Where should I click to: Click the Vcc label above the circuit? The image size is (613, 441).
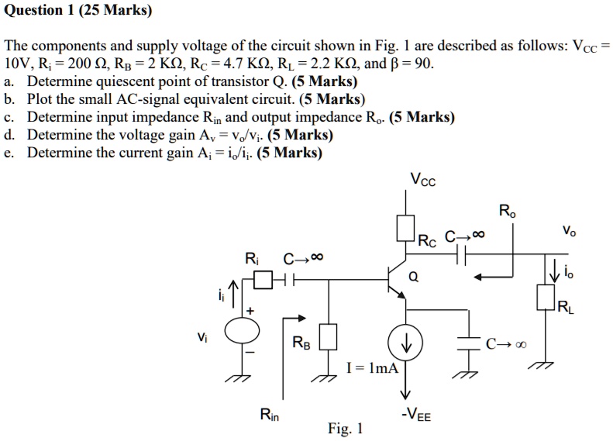coord(423,182)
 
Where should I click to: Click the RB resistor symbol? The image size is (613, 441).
coord(329,336)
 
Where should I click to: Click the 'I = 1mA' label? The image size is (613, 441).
coord(374,370)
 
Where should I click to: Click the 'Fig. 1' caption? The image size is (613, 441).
coord(346,428)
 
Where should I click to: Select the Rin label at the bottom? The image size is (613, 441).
coord(270,415)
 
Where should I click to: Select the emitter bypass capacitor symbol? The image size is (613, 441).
coord(468,343)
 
